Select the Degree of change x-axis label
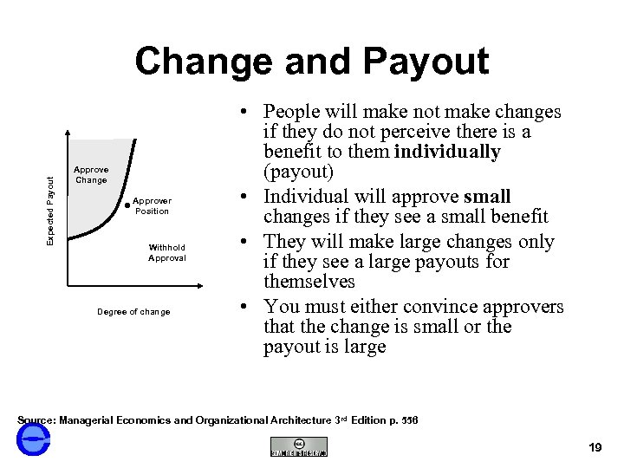click(133, 312)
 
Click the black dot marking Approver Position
click(127, 205)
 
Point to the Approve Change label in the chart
click(91, 175)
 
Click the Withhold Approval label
click(166, 252)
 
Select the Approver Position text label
click(152, 205)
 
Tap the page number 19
click(595, 447)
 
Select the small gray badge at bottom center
click(298, 446)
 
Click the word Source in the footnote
click(35, 420)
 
